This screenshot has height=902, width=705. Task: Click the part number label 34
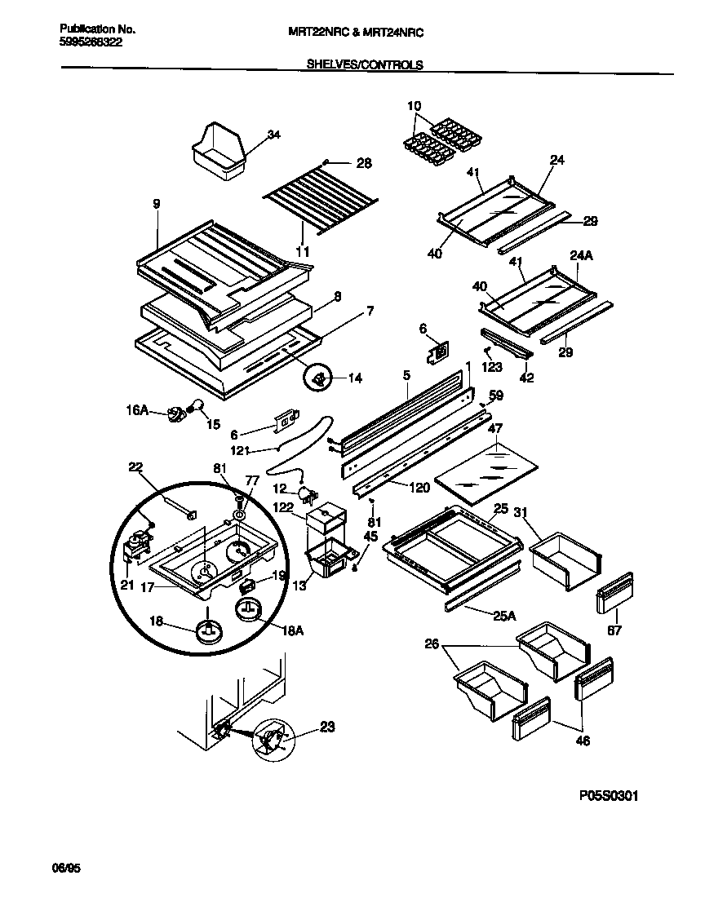point(273,135)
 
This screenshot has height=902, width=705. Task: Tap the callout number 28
point(364,163)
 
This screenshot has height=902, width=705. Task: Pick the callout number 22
point(135,467)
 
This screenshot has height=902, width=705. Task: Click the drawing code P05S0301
point(602,795)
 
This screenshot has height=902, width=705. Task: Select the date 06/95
point(69,870)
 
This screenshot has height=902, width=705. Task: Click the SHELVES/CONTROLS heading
point(364,65)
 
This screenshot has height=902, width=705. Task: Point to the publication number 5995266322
point(91,42)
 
